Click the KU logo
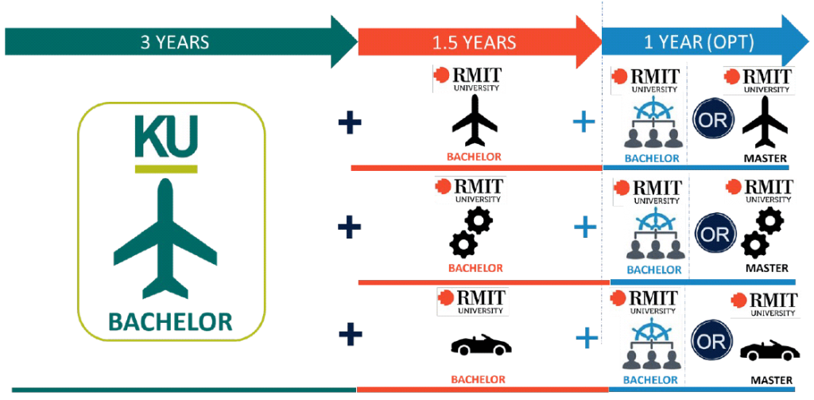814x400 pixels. click(166, 141)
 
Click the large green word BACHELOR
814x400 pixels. click(170, 321)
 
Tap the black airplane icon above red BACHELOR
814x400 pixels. click(475, 120)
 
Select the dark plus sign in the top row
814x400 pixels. click(350, 123)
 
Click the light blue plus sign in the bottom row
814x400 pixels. click(586, 340)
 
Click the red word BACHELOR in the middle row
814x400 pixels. click(475, 269)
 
